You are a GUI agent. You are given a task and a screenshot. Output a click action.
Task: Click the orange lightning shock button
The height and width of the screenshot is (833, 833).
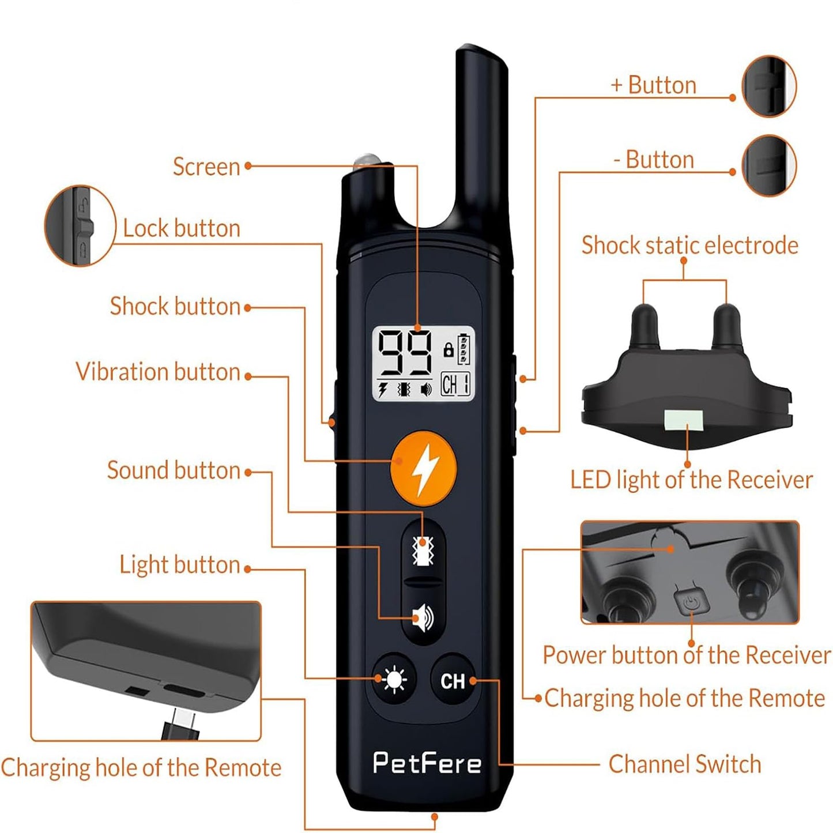[424, 468]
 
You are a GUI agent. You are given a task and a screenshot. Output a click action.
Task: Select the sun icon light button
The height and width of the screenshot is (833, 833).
[394, 680]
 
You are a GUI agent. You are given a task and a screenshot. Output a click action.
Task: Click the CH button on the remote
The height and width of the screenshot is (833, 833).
[453, 681]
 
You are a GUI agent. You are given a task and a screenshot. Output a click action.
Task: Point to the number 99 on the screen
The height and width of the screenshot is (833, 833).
[405, 353]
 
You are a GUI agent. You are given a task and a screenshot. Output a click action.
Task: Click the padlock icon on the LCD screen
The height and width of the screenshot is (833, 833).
[448, 350]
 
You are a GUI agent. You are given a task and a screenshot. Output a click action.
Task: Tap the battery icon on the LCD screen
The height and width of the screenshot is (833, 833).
[464, 349]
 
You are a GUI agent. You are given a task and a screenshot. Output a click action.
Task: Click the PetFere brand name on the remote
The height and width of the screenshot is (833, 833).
[427, 763]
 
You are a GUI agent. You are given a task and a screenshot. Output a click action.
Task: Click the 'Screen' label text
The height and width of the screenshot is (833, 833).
[206, 167]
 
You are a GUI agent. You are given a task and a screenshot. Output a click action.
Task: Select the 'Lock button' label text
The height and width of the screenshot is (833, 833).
[182, 229]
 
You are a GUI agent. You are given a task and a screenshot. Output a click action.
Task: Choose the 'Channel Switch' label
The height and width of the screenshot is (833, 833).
[684, 764]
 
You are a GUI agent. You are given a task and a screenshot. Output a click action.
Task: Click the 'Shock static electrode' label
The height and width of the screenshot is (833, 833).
[689, 246]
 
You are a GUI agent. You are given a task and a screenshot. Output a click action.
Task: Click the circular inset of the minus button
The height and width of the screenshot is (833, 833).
[768, 165]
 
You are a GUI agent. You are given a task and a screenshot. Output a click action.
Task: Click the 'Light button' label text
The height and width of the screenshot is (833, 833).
[179, 565]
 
